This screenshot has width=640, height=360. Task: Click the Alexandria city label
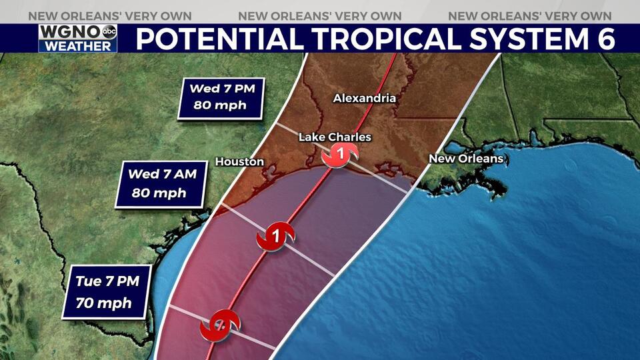click(364, 98)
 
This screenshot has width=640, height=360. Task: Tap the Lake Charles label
click(335, 137)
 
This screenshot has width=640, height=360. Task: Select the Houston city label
click(239, 161)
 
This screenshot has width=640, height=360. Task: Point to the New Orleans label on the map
click(465, 159)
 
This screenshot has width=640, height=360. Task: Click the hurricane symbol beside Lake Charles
click(341, 155)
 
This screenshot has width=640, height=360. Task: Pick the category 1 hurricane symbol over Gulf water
click(275, 236)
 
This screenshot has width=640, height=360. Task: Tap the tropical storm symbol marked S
click(221, 325)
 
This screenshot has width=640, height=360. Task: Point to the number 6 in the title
click(602, 39)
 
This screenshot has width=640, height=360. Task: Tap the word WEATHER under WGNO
click(77, 46)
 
